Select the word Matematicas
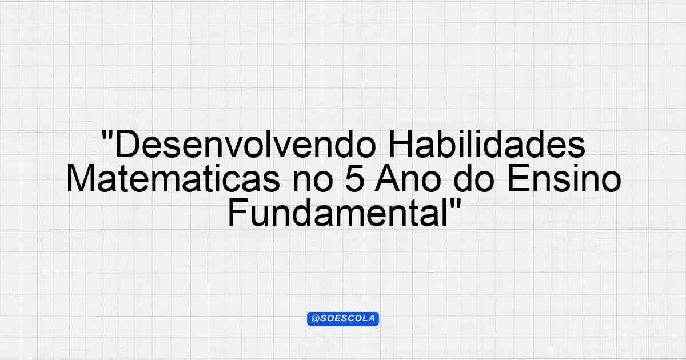pos(173,179)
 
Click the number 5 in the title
pos(354,179)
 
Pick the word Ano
pos(408,179)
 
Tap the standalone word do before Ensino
pos(474,179)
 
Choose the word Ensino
pos(564,179)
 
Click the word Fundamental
pos(337,213)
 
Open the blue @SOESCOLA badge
pos(343,319)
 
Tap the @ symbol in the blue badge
pos(316,319)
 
